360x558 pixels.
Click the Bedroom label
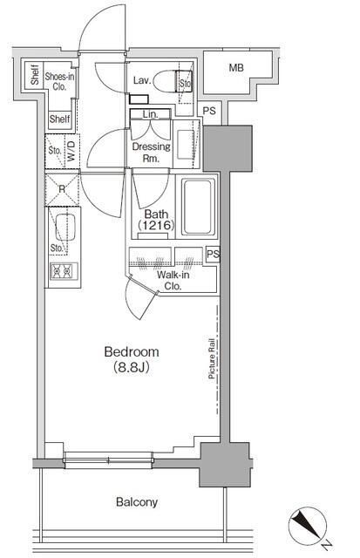(132, 352)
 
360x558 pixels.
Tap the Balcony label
(137, 502)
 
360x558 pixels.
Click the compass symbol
(308, 525)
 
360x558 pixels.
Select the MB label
(236, 68)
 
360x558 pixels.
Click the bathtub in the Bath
(198, 207)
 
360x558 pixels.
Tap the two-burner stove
(64, 271)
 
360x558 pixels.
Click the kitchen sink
(65, 227)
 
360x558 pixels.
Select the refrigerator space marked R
(62, 189)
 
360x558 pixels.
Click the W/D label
(71, 151)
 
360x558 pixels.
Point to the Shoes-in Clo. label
(59, 81)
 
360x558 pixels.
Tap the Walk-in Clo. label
(173, 281)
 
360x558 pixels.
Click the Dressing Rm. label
(151, 153)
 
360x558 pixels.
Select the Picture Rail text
(211, 358)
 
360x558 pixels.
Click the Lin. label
(151, 114)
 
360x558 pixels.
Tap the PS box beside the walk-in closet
(213, 255)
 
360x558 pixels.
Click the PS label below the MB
(209, 111)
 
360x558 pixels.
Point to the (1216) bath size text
(156, 225)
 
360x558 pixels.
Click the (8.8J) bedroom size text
(132, 367)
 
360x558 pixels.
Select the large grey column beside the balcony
(225, 465)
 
